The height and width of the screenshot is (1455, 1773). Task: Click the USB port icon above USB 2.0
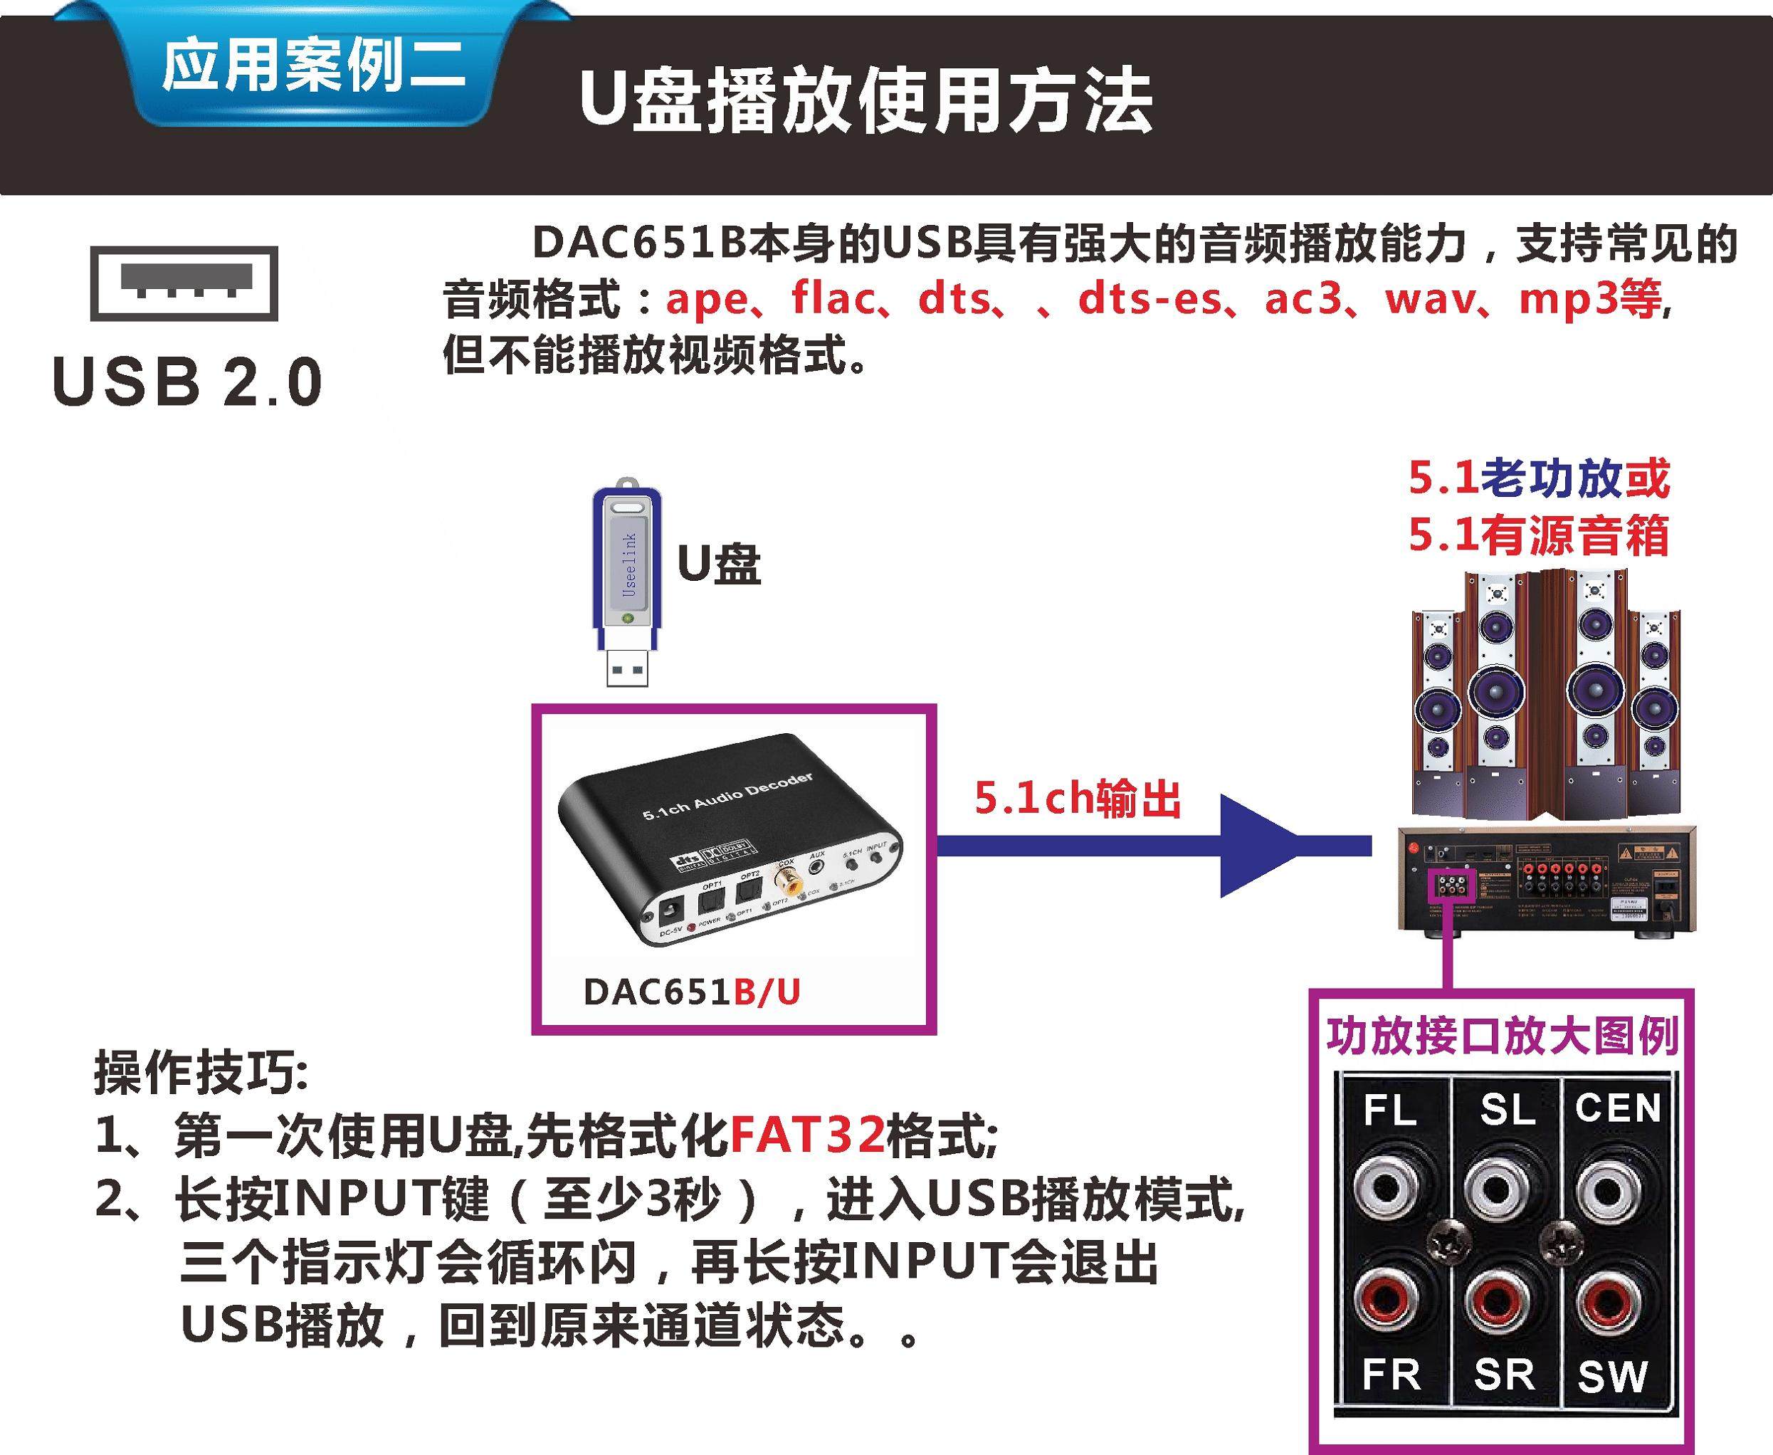coord(184,283)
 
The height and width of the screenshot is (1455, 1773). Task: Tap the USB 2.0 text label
coord(187,382)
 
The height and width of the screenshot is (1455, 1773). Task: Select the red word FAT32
coord(807,1134)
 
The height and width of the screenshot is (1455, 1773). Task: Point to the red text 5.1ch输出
coord(1078,799)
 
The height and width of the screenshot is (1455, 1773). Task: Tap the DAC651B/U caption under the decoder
coord(691,992)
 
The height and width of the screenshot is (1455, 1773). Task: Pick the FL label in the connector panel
coord(1389,1111)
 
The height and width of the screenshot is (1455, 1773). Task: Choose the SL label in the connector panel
coord(1507,1110)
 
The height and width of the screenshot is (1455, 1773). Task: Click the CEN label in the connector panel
coord(1617,1108)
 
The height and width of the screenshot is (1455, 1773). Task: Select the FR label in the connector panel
coord(1391,1375)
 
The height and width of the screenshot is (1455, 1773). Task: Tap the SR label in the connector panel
coord(1505,1375)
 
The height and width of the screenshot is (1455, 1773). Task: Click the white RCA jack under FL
coord(1387,1189)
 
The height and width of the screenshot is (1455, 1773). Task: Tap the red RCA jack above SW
coord(1609,1302)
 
